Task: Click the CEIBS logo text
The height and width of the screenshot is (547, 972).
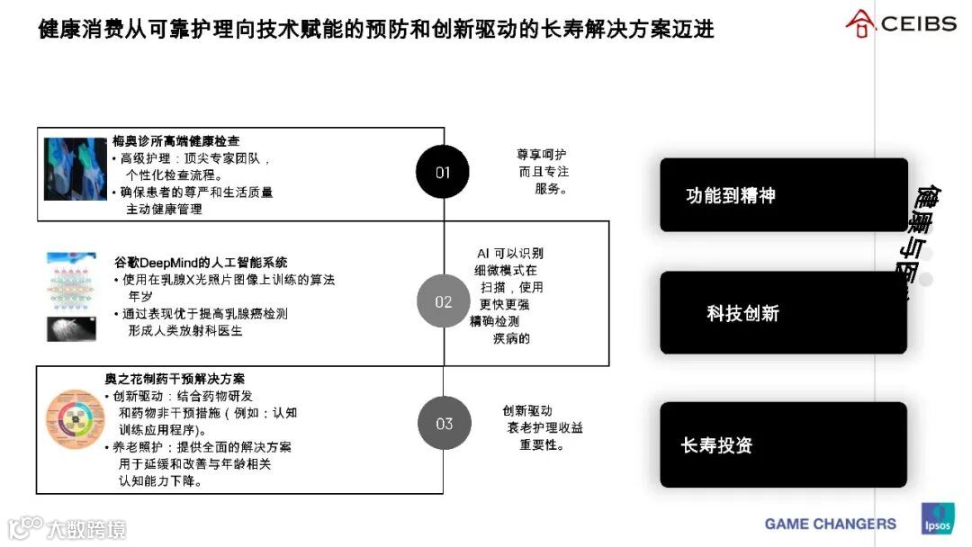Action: (918, 24)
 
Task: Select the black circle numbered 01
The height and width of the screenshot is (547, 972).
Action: (443, 172)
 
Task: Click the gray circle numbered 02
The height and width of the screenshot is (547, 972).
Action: (443, 301)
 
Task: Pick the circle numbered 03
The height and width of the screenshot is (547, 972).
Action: (444, 424)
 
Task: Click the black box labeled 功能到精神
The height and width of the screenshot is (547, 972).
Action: (783, 195)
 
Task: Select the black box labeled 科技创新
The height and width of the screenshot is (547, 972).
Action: (783, 313)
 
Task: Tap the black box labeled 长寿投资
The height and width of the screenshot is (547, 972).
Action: (783, 444)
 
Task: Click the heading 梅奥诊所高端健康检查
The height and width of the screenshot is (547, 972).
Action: (176, 141)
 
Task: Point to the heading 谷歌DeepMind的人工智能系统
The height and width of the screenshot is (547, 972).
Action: (202, 263)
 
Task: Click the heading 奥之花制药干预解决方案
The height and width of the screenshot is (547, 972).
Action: (175, 380)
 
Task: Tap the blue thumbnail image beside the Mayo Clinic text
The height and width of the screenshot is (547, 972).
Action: (76, 168)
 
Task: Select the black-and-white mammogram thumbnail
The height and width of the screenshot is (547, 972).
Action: (72, 328)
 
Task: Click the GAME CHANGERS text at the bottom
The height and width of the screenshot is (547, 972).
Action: (830, 524)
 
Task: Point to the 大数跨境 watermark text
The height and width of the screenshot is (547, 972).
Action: (86, 528)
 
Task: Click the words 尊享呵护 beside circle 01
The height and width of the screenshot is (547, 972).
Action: (541, 155)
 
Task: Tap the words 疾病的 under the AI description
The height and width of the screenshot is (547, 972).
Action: (511, 338)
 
